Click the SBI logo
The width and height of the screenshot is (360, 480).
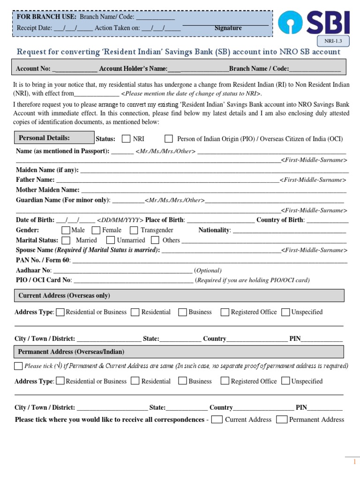313,24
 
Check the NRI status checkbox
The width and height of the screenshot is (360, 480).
126,139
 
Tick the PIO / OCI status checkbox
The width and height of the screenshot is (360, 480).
169,139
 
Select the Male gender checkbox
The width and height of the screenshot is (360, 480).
66,230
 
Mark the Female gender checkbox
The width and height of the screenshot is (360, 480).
96,230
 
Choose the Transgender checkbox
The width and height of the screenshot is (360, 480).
134,230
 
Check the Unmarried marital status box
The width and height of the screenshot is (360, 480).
111,240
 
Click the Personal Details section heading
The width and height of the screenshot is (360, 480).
44,138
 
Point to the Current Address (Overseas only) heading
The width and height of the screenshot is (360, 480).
64,296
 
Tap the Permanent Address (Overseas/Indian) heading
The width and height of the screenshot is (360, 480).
71,352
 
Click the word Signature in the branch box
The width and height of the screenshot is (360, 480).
228,28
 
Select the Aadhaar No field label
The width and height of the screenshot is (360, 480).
33,270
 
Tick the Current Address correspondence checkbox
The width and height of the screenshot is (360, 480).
217,420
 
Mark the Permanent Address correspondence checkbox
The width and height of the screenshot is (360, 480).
282,420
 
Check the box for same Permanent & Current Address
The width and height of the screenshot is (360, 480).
18,366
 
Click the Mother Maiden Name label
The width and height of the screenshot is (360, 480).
48,190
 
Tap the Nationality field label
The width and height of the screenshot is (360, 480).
214,230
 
